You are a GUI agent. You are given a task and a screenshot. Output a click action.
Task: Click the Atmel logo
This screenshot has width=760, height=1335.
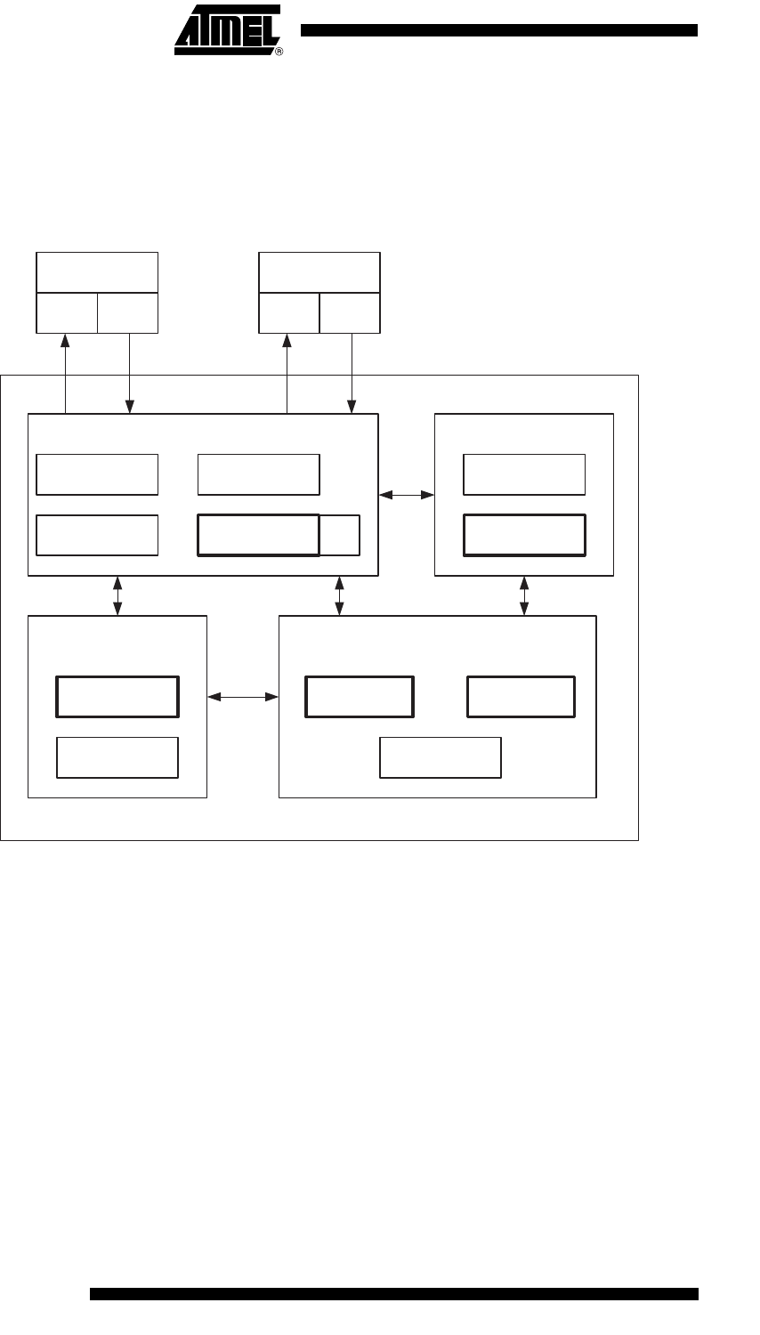click(x=227, y=29)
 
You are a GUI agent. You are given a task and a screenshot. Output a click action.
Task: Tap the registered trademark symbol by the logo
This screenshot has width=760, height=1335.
click(x=279, y=53)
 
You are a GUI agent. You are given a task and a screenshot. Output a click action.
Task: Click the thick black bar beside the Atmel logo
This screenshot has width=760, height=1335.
click(x=498, y=30)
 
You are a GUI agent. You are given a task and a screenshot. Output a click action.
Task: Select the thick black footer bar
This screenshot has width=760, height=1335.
click(x=394, y=1293)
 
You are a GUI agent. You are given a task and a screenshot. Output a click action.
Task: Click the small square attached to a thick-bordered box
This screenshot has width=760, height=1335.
click(x=340, y=535)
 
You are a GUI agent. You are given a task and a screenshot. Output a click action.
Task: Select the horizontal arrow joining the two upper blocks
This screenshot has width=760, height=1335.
click(x=407, y=494)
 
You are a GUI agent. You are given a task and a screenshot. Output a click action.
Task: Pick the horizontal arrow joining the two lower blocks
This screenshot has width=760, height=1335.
click(x=243, y=698)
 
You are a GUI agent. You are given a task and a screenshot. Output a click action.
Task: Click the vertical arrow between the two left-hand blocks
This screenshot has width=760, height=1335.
click(x=117, y=595)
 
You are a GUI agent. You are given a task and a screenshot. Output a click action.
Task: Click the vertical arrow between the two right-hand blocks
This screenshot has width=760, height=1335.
click(x=524, y=595)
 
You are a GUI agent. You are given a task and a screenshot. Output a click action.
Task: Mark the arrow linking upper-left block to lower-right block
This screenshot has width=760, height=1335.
click(x=339, y=595)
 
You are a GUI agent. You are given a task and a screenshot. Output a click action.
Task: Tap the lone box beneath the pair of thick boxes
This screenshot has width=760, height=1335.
click(x=441, y=757)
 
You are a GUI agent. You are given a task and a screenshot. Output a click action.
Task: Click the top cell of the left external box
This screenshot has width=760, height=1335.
click(x=97, y=272)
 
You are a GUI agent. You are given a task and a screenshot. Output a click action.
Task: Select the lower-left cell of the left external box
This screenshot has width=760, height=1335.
click(x=67, y=312)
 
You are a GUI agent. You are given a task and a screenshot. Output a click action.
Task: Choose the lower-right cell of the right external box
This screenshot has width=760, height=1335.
click(x=350, y=312)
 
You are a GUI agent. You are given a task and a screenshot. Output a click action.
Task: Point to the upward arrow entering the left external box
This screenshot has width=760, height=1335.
click(x=65, y=373)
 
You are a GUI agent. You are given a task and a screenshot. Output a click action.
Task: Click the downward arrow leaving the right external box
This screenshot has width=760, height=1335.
click(x=352, y=373)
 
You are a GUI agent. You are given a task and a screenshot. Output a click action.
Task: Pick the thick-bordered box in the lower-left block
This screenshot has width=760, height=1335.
click(x=117, y=696)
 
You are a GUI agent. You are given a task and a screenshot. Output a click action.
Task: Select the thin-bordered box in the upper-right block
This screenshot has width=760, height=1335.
click(x=524, y=474)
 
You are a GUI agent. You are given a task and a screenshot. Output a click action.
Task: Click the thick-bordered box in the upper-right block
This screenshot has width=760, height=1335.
click(x=524, y=534)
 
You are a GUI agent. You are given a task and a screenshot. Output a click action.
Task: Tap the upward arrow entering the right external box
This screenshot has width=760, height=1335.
click(x=287, y=373)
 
